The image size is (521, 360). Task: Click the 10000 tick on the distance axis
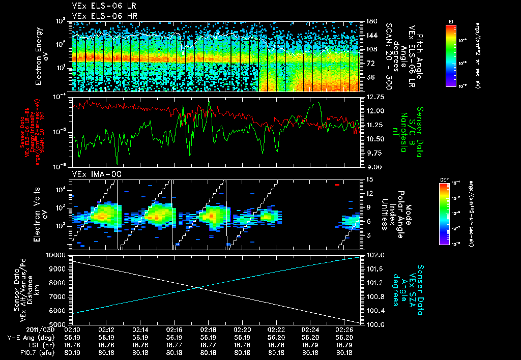[56, 255]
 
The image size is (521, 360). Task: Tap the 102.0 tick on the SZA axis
[373, 255]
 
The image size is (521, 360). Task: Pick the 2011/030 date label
[56, 329]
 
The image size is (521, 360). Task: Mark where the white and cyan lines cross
[199, 288]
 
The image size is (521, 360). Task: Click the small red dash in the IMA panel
[337, 185]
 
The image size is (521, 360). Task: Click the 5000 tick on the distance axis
[59, 324]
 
